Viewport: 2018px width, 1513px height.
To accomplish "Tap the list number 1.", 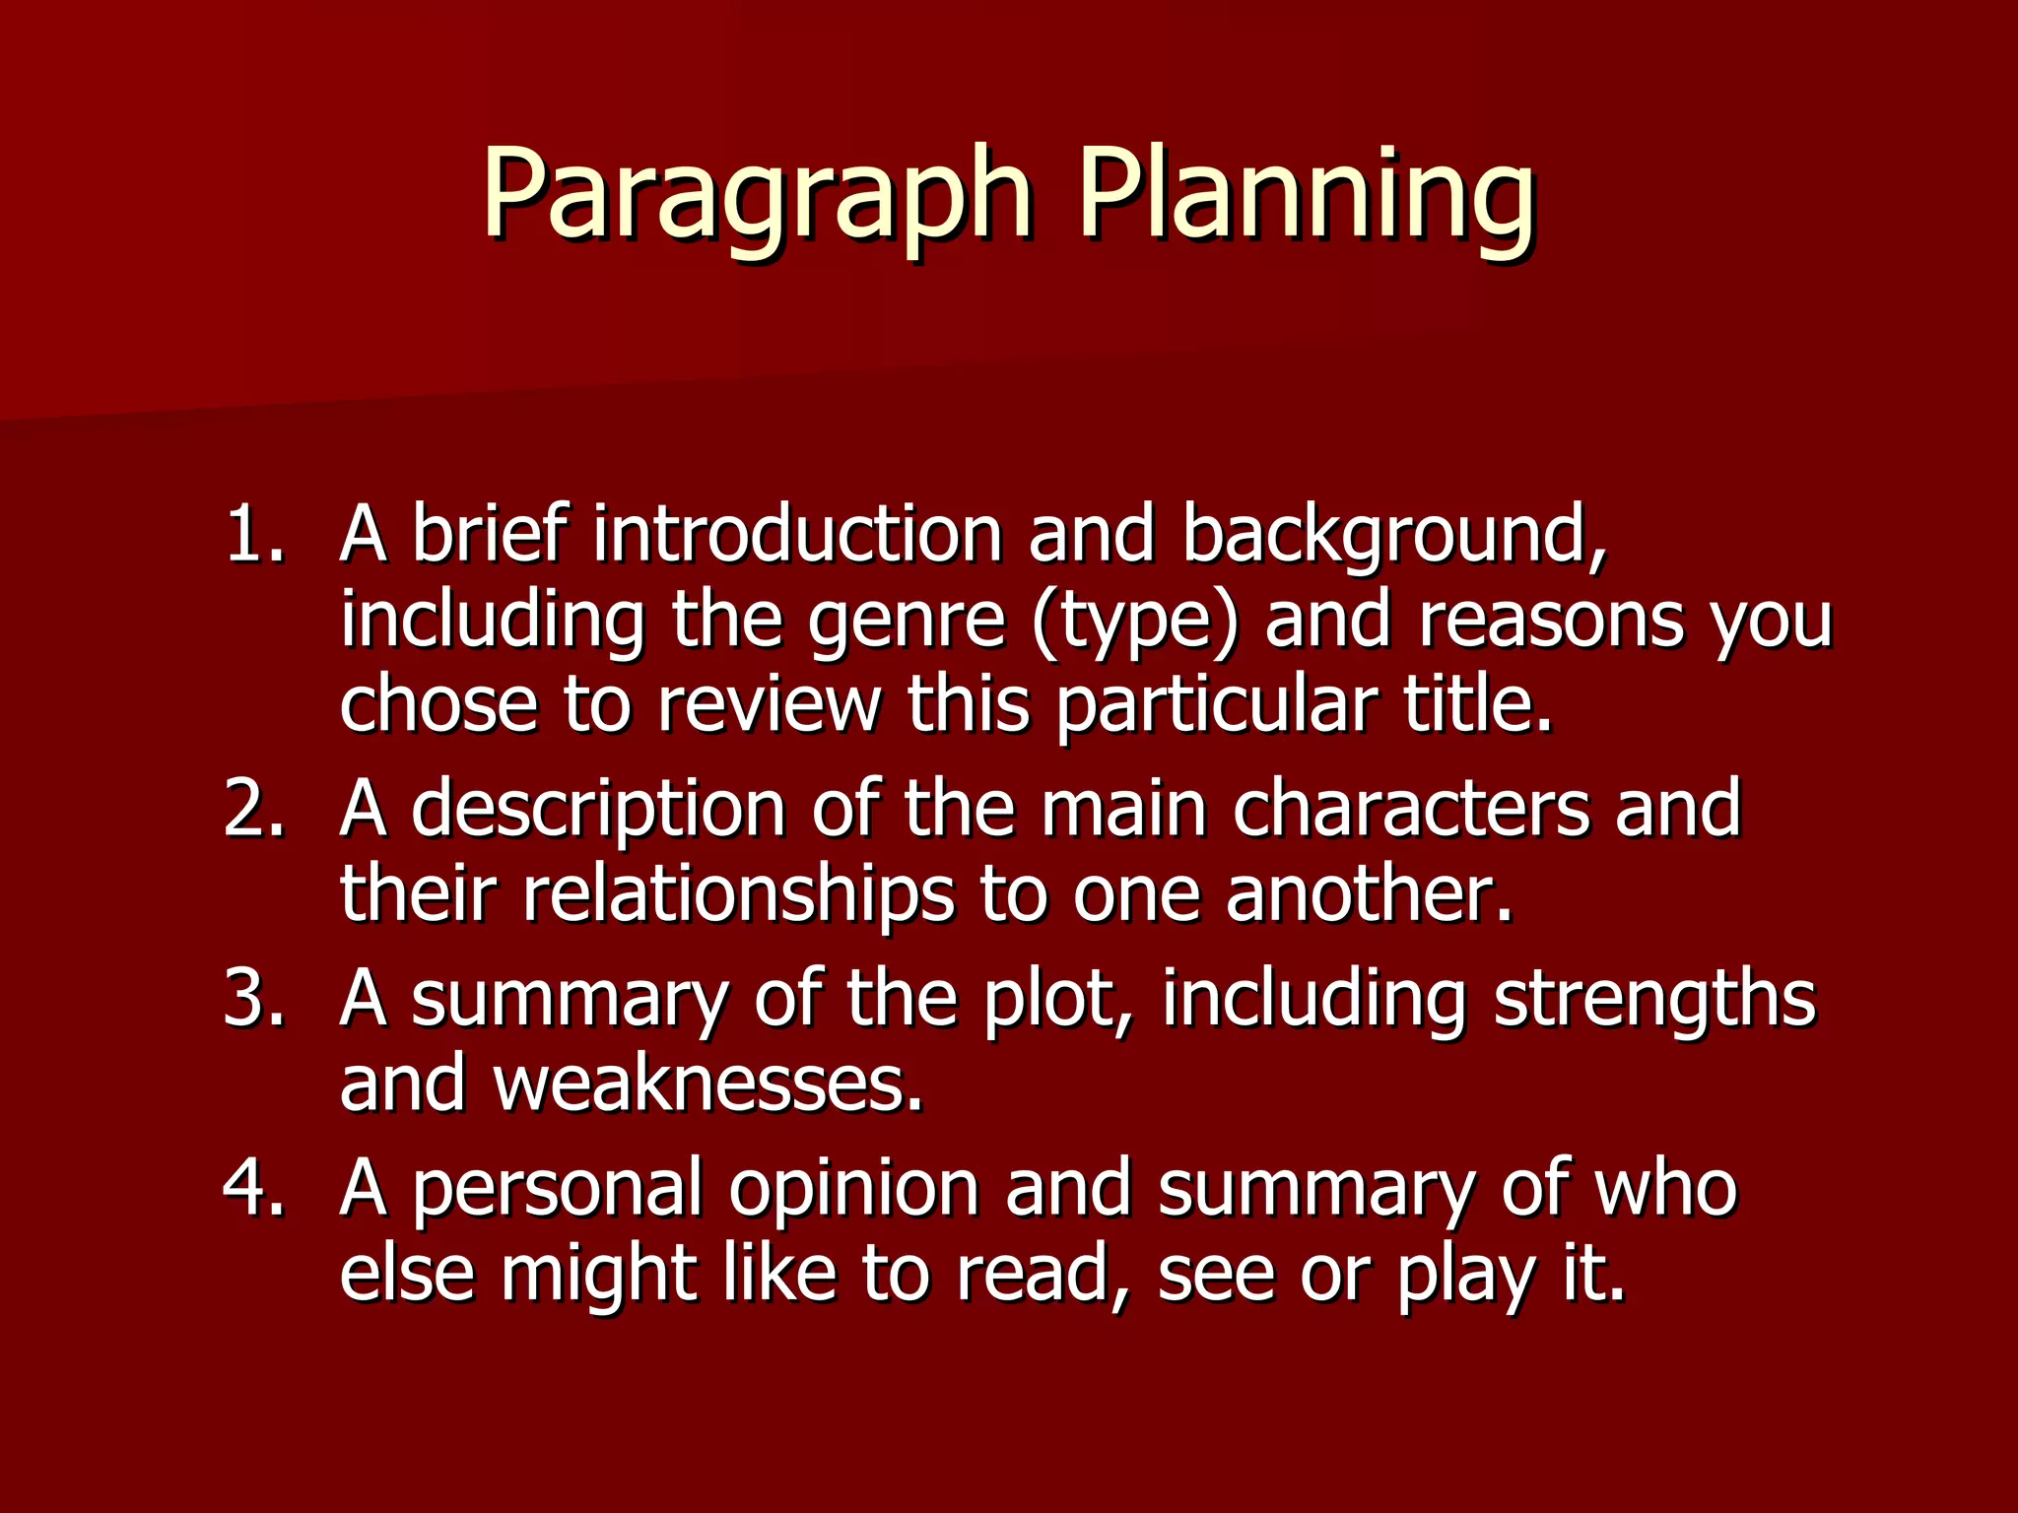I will click(x=254, y=535).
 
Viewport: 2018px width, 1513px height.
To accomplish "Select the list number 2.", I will click(x=254, y=809).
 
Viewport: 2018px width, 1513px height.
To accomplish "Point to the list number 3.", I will click(x=254, y=998).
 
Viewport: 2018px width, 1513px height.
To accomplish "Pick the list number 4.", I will click(x=254, y=1187).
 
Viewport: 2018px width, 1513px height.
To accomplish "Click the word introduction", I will click(x=797, y=535).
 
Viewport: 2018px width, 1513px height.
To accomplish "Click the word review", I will click(x=769, y=705).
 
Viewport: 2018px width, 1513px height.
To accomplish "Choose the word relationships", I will click(x=738, y=894).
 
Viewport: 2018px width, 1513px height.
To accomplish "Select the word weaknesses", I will click(x=708, y=1083).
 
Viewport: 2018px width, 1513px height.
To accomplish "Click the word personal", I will click(x=557, y=1189).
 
